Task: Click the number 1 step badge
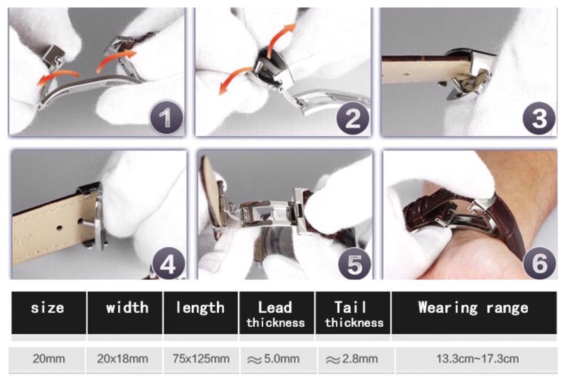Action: (x=167, y=118)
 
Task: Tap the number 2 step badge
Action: (x=353, y=118)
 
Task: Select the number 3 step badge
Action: (x=539, y=118)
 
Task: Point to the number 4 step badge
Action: (x=169, y=264)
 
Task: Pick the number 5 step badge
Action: (x=355, y=264)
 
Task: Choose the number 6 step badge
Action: (x=540, y=264)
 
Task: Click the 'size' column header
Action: (x=48, y=308)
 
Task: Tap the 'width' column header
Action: (x=127, y=307)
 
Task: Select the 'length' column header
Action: (x=200, y=308)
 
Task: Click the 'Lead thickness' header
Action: (x=275, y=314)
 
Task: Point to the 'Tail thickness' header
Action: (x=354, y=314)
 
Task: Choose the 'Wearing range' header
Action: (x=473, y=308)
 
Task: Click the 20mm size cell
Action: (x=48, y=359)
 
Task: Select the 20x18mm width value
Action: (x=122, y=359)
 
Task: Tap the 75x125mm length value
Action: (x=201, y=359)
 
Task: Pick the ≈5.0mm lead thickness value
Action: (x=274, y=359)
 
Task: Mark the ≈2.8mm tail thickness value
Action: (x=352, y=359)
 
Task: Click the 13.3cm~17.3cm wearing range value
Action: (x=477, y=359)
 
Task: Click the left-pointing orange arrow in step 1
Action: (x=57, y=76)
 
